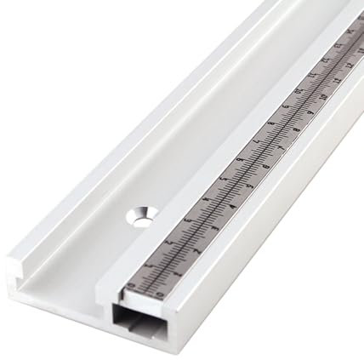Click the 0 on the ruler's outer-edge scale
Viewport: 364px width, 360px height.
(x=162, y=294)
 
